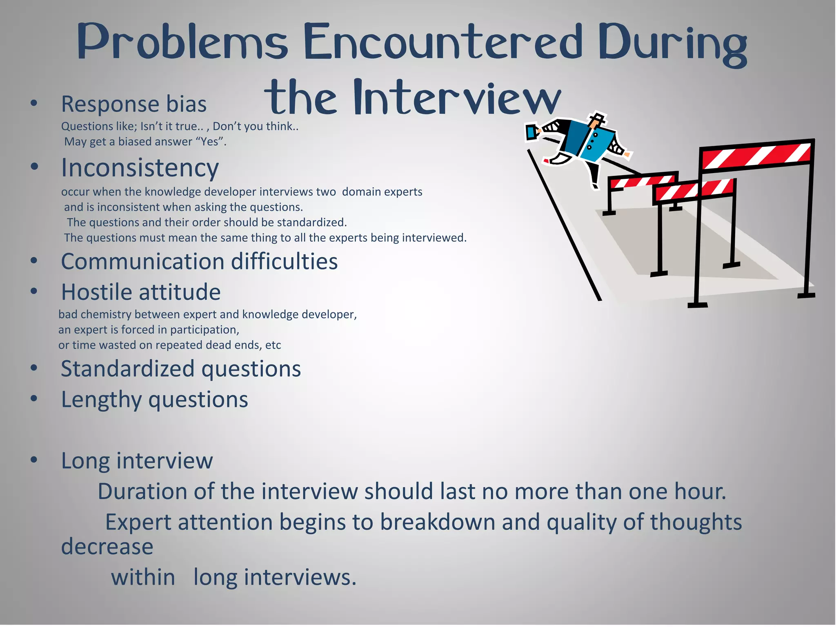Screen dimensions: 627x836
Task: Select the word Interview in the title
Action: (x=457, y=98)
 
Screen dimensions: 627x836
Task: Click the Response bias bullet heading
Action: (x=133, y=104)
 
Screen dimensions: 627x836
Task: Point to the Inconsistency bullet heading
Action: (x=140, y=168)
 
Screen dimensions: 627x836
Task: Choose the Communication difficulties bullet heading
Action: (x=199, y=261)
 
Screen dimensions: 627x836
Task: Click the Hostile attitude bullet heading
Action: (x=141, y=292)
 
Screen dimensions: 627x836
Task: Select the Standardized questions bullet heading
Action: (x=181, y=369)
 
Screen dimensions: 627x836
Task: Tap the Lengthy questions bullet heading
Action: (x=154, y=399)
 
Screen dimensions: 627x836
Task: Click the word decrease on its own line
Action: (x=107, y=547)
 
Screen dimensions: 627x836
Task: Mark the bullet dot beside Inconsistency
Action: (x=34, y=167)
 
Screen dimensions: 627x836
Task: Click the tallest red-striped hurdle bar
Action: (x=756, y=155)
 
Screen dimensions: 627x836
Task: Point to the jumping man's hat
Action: (x=597, y=119)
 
